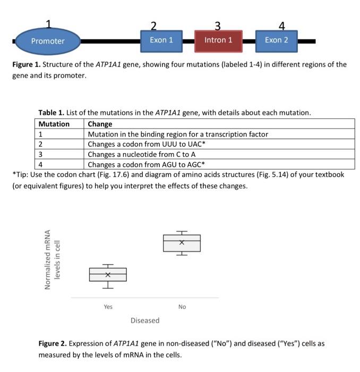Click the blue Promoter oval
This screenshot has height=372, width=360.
coord(48,41)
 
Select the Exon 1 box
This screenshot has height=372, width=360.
coord(161,40)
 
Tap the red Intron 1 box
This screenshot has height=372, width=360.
coord(218,40)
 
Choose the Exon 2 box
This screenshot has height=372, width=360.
coord(276,40)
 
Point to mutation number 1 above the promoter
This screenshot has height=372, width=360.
coord(48,24)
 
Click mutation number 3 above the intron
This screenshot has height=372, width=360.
coord(218,25)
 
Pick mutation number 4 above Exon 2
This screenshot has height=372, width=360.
coord(281,25)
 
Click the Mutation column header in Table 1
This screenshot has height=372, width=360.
coord(54,124)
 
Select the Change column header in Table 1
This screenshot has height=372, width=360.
coord(100,124)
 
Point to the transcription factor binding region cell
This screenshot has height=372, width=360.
coord(178,134)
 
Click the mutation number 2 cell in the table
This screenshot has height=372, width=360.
coord(41,144)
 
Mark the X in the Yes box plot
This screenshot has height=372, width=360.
coord(108,275)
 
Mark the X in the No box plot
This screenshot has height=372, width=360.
coord(182,242)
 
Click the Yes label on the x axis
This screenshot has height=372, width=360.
coord(108,307)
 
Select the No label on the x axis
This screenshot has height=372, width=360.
coord(182,307)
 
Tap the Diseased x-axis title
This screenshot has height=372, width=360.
coord(145,320)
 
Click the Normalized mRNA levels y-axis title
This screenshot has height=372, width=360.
coord(53,259)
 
